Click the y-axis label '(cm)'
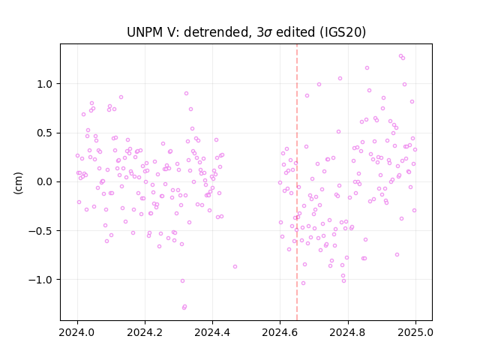coord(18,183)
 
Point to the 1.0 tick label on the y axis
coord(45,84)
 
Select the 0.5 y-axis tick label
coord(45,133)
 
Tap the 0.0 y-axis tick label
coord(45,182)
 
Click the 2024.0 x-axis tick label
coord(77,332)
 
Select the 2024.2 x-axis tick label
coord(145,332)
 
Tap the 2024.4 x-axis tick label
coord(212,332)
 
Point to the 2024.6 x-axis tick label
coord(280,332)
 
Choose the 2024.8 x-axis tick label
coord(348,332)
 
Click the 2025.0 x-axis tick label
coord(415,332)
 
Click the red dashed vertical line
coord(297,182)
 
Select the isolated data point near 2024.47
coord(235,267)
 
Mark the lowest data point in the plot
coord(184,307)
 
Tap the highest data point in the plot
coord(400,56)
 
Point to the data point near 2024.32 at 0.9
coord(186,93)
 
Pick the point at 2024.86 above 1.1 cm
coord(367,68)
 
